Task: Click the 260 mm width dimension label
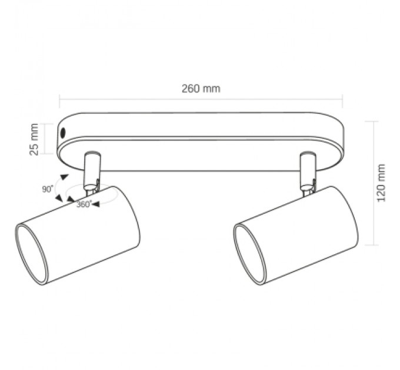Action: [x=201, y=89]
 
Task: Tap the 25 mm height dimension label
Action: [x=34, y=139]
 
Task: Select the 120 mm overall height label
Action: [x=381, y=183]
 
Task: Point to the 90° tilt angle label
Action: [x=48, y=189]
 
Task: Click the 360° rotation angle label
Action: [x=84, y=204]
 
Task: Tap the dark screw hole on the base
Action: [x=63, y=133]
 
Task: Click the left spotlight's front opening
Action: [x=32, y=255]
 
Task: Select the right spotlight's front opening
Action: [x=250, y=255]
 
